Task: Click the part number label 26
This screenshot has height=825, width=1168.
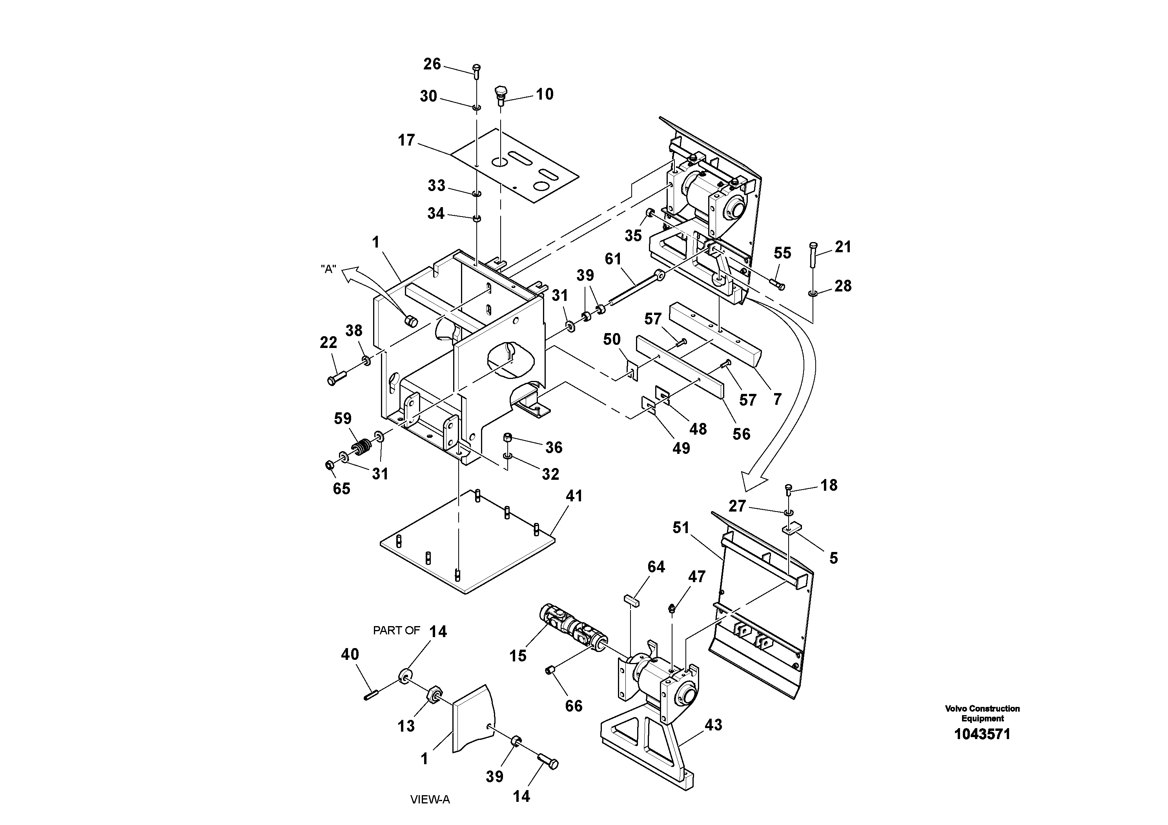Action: tap(432, 64)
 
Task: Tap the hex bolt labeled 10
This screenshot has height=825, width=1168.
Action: tap(501, 95)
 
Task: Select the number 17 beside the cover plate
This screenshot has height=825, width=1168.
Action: tap(406, 140)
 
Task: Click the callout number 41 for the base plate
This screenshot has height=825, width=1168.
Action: tap(574, 496)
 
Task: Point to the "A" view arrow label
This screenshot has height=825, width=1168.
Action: tap(329, 269)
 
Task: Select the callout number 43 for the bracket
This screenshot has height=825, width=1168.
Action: tap(713, 725)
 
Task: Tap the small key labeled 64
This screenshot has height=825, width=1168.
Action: tap(631, 599)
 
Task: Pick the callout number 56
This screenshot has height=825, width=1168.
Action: tap(741, 434)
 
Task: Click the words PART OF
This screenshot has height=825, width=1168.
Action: tap(396, 631)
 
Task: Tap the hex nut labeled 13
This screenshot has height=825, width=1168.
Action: tap(434, 694)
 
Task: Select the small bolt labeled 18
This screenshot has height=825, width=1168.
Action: tap(789, 490)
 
